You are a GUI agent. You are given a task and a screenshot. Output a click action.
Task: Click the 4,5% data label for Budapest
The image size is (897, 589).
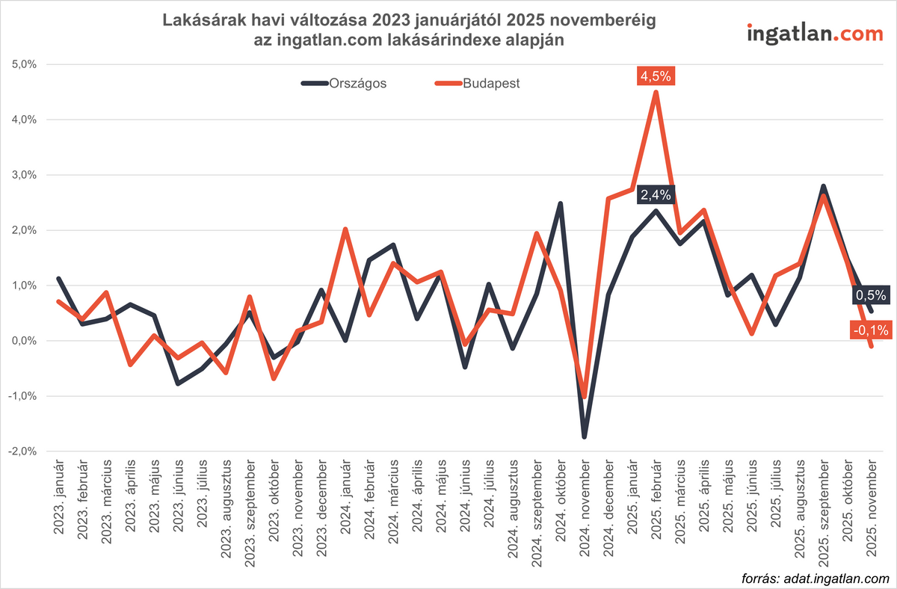[656, 76]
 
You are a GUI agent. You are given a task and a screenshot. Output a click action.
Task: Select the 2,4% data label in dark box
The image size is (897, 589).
[656, 196]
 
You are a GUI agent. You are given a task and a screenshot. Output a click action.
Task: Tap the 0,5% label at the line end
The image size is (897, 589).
[870, 295]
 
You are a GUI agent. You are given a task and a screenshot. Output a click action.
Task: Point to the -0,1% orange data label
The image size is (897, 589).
[870, 330]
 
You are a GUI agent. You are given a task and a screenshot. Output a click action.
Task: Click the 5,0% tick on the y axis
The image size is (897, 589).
[25, 64]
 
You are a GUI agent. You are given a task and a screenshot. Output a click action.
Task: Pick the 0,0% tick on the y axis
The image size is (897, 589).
[25, 341]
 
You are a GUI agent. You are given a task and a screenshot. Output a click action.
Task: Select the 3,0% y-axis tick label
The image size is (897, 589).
[25, 175]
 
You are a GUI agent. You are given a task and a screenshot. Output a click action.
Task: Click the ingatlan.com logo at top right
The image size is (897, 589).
[815, 34]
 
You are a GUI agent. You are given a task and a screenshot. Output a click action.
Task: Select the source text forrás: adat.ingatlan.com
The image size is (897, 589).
[814, 579]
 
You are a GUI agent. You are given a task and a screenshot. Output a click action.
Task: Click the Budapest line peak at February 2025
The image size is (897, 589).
[656, 93]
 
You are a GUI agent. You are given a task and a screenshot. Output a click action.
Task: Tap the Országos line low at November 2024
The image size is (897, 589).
[584, 437]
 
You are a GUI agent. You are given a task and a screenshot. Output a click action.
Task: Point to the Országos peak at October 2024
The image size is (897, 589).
[560, 203]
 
